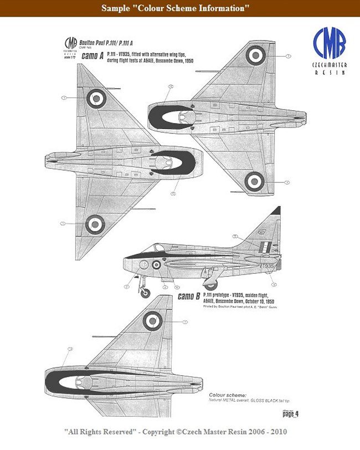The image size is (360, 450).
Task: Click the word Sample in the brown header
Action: (114, 8)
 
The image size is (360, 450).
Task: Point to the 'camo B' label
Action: (189, 296)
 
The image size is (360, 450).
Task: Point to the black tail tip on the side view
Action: (276, 211)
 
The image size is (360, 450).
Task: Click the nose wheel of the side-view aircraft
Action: (145, 292)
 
